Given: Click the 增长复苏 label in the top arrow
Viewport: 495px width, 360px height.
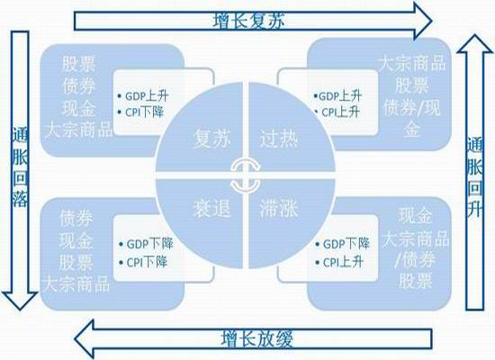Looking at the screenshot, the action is (248, 22).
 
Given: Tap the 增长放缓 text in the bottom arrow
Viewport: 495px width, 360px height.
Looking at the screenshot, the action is (257, 338).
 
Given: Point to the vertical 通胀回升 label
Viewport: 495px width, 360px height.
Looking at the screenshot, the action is (475, 176).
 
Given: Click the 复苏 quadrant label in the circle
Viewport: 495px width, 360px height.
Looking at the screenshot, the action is (211, 139).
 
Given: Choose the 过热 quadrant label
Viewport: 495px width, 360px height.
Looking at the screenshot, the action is (278, 139).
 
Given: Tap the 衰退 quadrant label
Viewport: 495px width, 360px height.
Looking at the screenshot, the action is (211, 209).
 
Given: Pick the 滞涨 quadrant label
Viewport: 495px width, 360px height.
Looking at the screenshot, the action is (278, 209).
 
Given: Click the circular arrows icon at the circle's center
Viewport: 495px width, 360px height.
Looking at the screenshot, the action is (246, 175).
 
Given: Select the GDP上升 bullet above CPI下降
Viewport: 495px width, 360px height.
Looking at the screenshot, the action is (143, 96).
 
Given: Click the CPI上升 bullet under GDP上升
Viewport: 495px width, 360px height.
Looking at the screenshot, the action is (337, 112).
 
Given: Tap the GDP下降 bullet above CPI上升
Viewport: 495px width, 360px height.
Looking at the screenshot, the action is (343, 244).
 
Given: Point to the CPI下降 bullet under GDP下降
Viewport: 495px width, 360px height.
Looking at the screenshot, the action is (143, 262).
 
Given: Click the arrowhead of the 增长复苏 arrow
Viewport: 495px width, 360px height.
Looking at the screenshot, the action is (423, 21).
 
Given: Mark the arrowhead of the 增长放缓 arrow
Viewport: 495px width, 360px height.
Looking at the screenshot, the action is (85, 339).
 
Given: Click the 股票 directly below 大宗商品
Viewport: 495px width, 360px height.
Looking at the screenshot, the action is (411, 85).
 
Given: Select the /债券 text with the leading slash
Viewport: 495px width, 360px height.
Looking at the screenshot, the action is (416, 259).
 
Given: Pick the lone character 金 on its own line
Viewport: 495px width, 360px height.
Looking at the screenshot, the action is (411, 129).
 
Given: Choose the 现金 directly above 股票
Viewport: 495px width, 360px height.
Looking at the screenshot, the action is (76, 240).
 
